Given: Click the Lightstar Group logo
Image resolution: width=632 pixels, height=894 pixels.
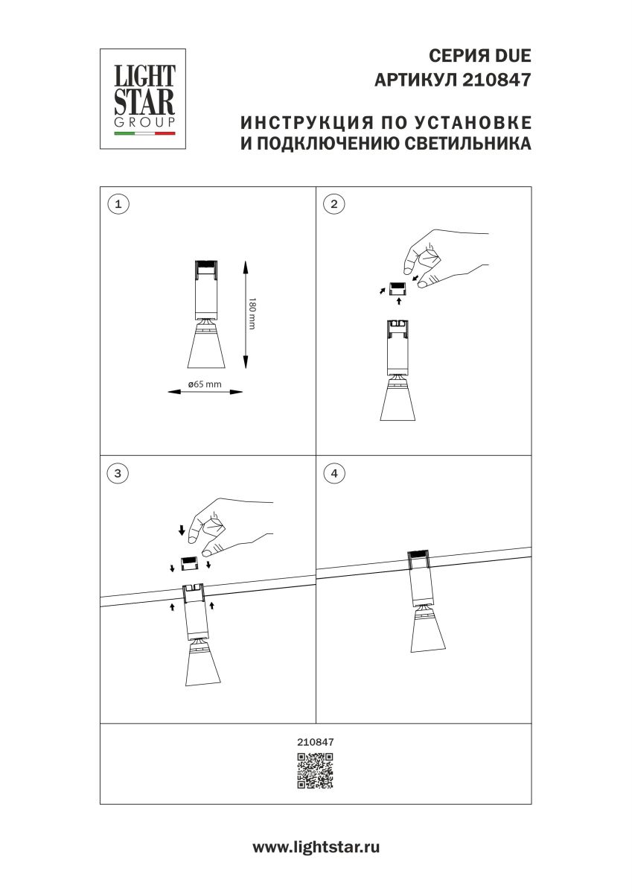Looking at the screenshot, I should [144, 99].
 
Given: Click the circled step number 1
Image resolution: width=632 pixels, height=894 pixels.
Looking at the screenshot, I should [118, 203].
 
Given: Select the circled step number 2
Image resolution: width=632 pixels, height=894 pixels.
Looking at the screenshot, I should [333, 203].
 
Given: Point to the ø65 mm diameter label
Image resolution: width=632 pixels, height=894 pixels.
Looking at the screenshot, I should [204, 384].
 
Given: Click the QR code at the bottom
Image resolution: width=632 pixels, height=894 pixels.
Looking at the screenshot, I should [316, 770].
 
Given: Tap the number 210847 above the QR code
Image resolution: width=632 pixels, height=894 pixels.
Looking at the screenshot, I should [316, 742].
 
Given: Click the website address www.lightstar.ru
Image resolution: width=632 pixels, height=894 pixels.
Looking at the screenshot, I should [316, 847].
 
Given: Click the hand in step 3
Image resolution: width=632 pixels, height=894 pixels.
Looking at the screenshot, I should [223, 529].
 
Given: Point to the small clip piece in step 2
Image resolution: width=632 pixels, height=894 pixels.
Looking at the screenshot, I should [398, 286].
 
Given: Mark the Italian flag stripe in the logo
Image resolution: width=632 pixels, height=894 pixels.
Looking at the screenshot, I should [144, 133].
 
